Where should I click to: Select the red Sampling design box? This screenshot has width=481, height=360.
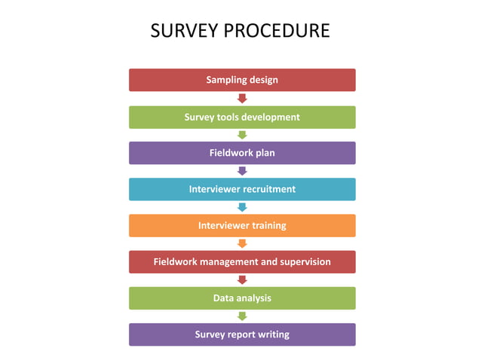(242, 80)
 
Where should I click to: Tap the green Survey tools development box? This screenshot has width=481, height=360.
(242, 117)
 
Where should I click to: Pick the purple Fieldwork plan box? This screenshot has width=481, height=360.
(242, 153)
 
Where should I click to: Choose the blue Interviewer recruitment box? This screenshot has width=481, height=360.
(242, 189)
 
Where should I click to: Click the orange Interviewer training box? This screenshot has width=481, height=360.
(242, 225)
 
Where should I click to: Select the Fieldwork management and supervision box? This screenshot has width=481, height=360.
(242, 261)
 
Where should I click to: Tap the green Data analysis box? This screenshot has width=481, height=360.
(242, 297)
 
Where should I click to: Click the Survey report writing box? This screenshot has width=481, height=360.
(242, 334)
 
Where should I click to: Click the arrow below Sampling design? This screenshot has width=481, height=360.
(242, 99)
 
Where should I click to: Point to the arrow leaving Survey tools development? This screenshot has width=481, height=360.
(242, 135)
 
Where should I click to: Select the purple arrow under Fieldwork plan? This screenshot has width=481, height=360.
(242, 171)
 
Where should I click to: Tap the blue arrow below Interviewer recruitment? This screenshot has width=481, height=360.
(242, 207)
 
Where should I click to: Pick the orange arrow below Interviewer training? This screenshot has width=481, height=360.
(242, 243)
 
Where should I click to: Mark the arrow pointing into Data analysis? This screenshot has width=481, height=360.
(242, 279)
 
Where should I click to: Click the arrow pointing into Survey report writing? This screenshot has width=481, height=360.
(242, 316)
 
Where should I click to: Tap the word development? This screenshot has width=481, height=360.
(268, 117)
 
